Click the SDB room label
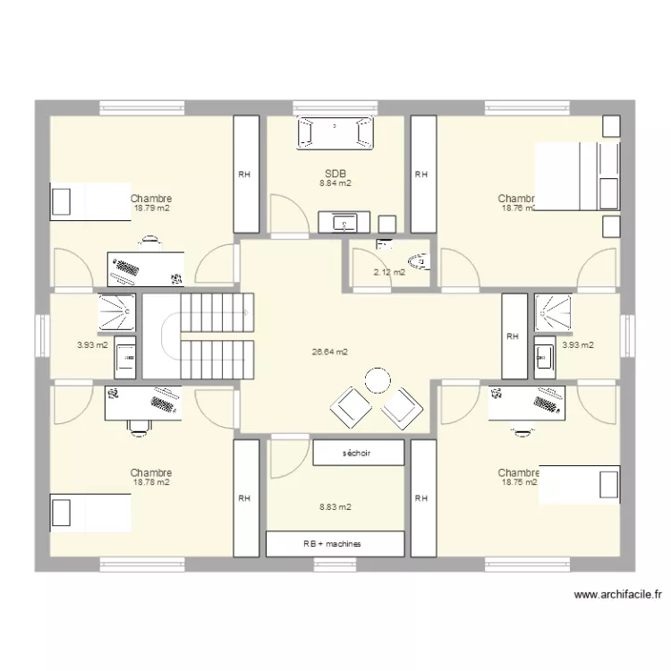tap(335, 174)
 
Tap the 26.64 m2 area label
tap(329, 352)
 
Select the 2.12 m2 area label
tap(389, 272)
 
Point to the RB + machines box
tap(335, 544)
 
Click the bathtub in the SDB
tap(335, 132)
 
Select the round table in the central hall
tap(378, 379)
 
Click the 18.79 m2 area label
tap(152, 208)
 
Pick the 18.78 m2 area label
tap(151, 482)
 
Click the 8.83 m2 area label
tap(335, 506)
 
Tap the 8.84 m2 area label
tap(335, 183)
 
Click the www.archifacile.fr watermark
tap(617, 594)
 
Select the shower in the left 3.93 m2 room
tap(117, 311)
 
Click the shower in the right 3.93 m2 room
tap(553, 311)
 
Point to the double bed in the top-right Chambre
tap(576, 177)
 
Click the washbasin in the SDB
tap(344, 222)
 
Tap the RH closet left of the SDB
tap(246, 175)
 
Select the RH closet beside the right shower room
tap(514, 336)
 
